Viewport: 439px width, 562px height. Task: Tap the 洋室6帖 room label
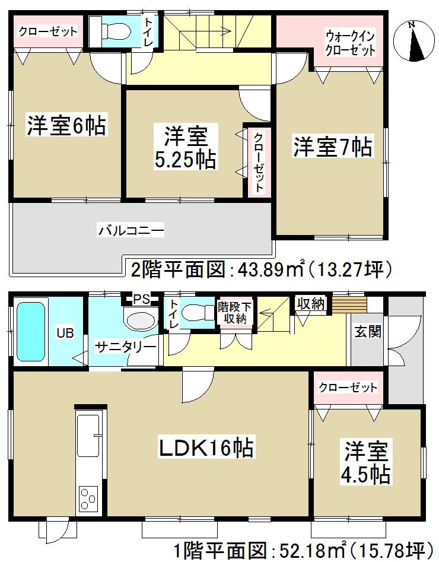[x=65, y=126]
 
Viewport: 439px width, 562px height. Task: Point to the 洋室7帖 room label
[x=332, y=147]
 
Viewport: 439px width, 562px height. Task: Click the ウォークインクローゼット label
[x=350, y=43]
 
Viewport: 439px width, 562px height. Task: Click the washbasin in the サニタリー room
[x=140, y=321]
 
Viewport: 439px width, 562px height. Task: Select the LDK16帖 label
[x=205, y=448]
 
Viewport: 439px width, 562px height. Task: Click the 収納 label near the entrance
[x=310, y=304]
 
